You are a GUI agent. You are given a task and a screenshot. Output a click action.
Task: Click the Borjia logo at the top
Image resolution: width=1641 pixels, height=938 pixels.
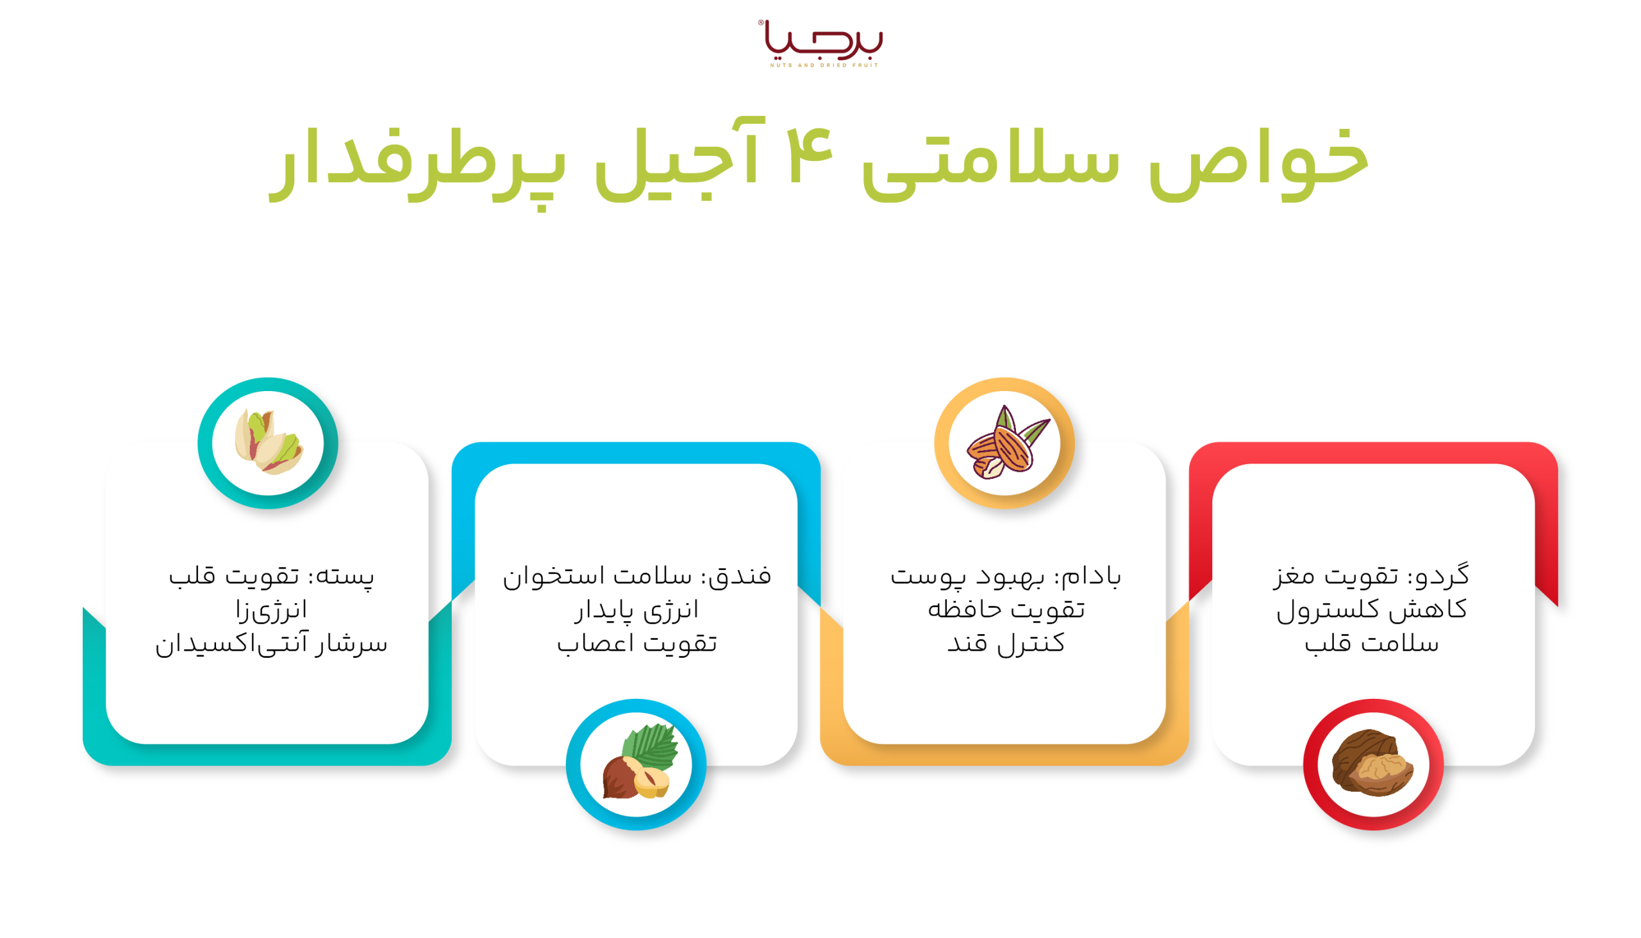[823, 42]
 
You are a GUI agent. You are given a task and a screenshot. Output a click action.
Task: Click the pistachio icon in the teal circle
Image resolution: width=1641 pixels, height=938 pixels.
[268, 442]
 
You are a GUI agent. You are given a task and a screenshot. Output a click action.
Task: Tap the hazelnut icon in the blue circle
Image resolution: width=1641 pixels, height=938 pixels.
[637, 764]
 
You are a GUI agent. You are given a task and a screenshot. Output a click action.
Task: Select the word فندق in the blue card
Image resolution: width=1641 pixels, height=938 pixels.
[744, 576]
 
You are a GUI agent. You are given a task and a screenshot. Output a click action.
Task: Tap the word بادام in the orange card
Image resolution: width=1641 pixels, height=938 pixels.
[1095, 576]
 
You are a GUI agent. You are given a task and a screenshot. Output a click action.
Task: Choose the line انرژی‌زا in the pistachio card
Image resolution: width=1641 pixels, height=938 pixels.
[271, 610]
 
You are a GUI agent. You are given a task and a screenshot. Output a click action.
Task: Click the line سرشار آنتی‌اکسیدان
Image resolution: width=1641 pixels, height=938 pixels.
[271, 644]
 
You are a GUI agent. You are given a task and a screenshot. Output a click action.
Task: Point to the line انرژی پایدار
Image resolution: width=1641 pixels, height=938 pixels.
[637, 610]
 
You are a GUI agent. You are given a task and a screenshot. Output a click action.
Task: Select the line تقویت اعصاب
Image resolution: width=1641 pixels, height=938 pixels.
[637, 644]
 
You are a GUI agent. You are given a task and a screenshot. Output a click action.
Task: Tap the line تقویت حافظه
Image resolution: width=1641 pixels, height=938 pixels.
[1006, 610]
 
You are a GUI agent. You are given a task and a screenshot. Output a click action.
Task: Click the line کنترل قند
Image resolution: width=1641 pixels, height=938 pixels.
[1006, 644]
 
